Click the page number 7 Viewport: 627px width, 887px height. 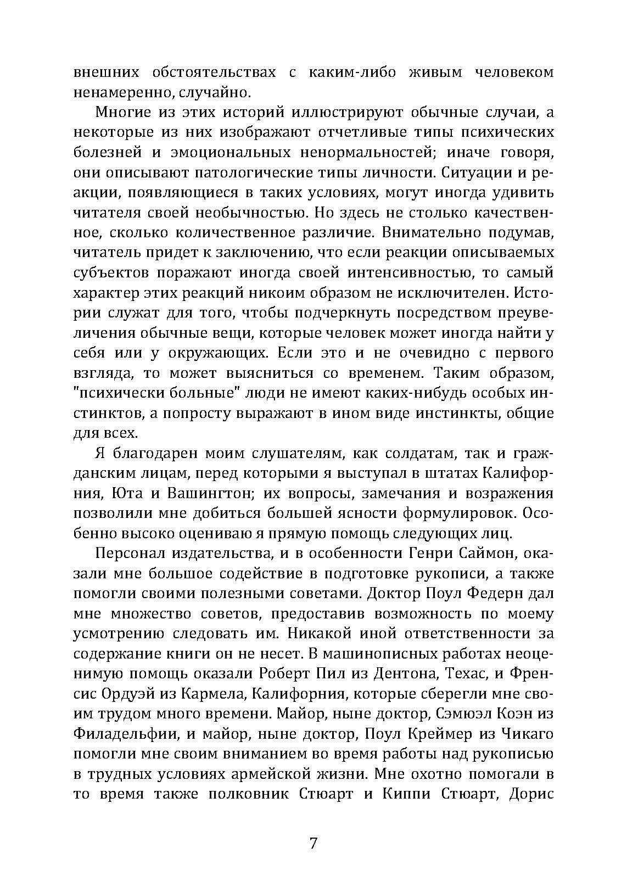click(x=313, y=843)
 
